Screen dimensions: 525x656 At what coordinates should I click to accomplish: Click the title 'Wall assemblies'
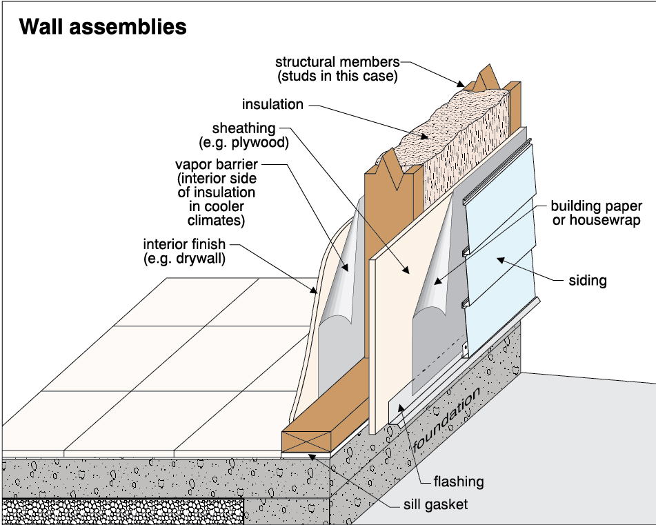[x=103, y=27]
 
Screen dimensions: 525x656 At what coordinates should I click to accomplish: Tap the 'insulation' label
[x=272, y=105]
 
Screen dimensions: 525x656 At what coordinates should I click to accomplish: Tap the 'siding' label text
[x=588, y=280]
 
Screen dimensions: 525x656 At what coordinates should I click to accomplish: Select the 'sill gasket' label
[x=435, y=504]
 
